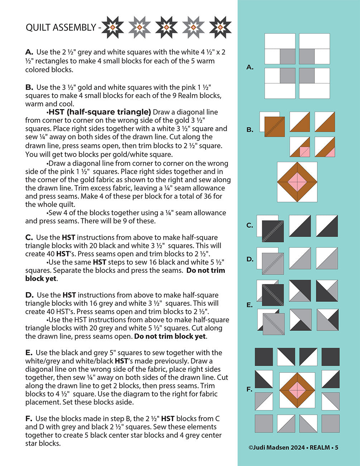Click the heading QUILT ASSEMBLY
pyautogui.click(x=61, y=28)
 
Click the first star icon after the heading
pyautogui.click(x=112, y=27)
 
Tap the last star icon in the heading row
pyautogui.click(x=220, y=27)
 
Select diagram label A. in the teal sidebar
pyautogui.click(x=250, y=67)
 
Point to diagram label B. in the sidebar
pyautogui.click(x=250, y=130)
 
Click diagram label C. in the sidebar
pyautogui.click(x=250, y=225)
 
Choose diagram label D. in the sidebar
pyautogui.click(x=250, y=259)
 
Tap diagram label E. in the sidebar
pyautogui.click(x=250, y=305)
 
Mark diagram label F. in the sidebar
pyautogui.click(x=250, y=389)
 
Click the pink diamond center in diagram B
pyautogui.click(x=297, y=182)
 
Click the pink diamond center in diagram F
pyautogui.click(x=297, y=390)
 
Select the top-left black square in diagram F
pyautogui.click(x=264, y=357)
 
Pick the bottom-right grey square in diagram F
pyautogui.click(x=330, y=423)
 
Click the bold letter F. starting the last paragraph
pyautogui.click(x=29, y=419)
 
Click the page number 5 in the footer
pyautogui.click(x=336, y=447)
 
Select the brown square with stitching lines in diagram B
pyautogui.click(x=274, y=127)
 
